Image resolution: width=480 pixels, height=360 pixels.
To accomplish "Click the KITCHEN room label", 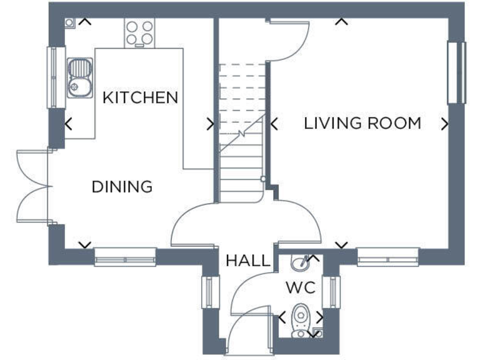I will [x=141, y=97].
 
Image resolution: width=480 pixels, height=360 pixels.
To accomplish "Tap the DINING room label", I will [x=122, y=187].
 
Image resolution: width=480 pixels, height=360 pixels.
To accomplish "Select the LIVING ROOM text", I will [x=362, y=123].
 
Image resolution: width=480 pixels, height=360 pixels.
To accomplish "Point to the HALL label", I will [x=248, y=261].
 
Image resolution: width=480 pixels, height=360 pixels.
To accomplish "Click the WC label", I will [x=300, y=288].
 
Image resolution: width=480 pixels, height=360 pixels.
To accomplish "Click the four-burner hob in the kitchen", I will [x=140, y=33].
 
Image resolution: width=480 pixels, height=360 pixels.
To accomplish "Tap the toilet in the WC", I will [x=301, y=319].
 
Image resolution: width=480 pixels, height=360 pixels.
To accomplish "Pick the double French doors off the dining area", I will [x=31, y=186].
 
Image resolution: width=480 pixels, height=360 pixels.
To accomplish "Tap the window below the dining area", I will [x=125, y=256].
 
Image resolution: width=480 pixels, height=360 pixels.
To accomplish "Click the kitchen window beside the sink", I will [x=57, y=77].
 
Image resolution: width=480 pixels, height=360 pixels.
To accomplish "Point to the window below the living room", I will [x=387, y=256].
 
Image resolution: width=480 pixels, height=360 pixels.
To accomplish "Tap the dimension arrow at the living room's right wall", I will [x=444, y=124].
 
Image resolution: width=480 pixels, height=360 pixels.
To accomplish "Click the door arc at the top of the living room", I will [x=289, y=41].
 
